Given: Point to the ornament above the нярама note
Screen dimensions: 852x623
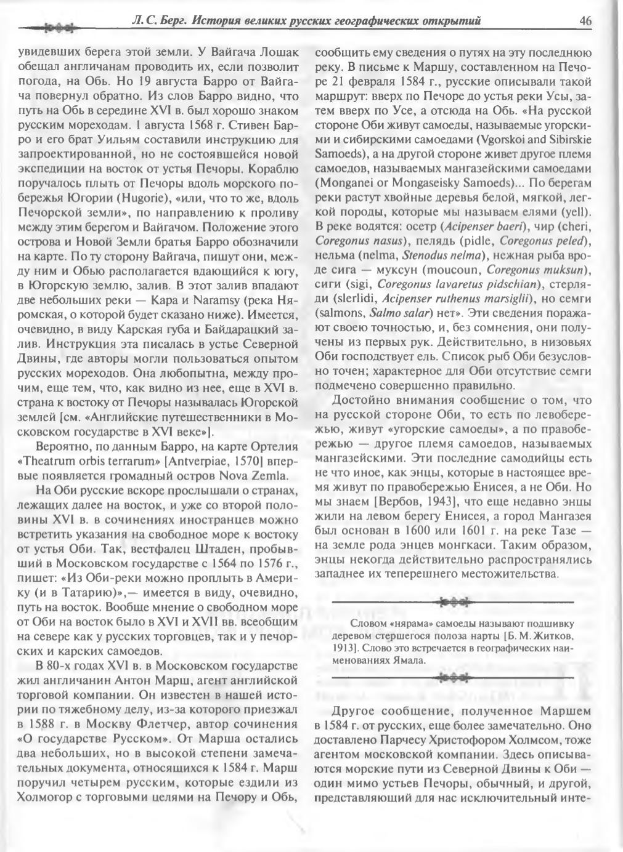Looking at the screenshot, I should click(453, 601).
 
